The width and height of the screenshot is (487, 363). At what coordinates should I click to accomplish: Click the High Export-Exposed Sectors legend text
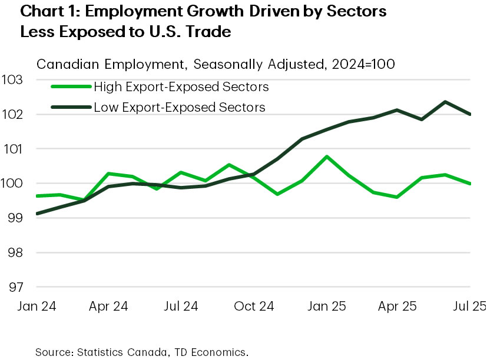pos(182,87)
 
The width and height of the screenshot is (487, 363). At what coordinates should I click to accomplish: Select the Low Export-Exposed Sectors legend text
pos(180,107)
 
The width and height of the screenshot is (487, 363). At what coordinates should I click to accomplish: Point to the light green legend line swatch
pos(70,87)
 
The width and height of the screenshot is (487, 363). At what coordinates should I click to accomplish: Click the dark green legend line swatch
pos(70,107)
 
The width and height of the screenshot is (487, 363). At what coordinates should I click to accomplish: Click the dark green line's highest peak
pos(445,102)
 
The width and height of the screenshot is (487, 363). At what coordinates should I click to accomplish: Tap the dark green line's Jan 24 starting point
pos(37,214)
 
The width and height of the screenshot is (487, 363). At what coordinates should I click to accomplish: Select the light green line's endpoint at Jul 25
pos(470,184)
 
